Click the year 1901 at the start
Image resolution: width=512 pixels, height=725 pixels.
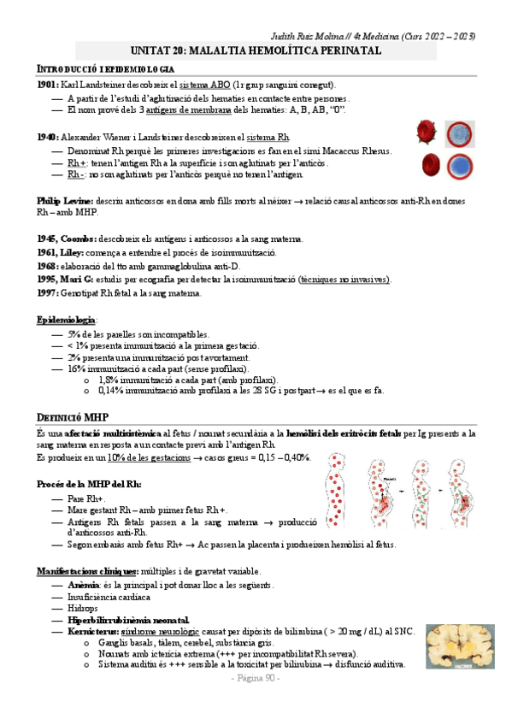coord(47,85)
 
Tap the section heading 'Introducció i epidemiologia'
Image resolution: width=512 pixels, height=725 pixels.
coord(106,68)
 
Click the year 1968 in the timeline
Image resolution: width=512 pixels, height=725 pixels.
coord(48,266)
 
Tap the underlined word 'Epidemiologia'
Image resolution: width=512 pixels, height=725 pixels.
coord(67,319)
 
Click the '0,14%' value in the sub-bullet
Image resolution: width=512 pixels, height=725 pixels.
coord(113,391)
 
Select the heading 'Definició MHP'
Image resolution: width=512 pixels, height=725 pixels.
coord(72,417)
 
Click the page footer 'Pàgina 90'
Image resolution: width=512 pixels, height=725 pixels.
coord(256,678)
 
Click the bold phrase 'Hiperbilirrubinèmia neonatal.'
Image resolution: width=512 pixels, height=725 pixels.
coord(129,620)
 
